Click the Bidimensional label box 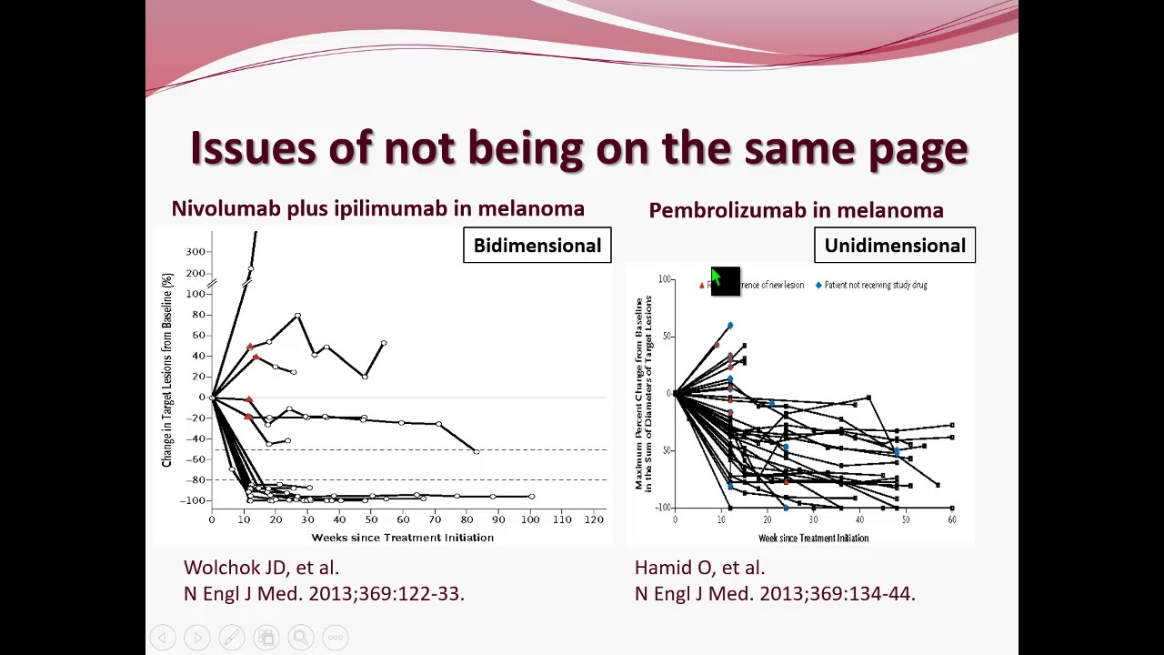tap(537, 246)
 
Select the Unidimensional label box tap(895, 246)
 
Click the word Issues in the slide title tap(252, 148)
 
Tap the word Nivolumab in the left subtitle tap(226, 208)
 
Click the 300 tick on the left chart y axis tap(195, 251)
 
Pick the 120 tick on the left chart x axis tap(594, 519)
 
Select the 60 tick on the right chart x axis tap(952, 519)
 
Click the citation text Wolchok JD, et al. tap(261, 568)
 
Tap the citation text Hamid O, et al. tap(699, 568)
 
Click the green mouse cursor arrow tap(716, 277)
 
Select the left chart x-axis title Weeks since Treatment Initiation tap(402, 538)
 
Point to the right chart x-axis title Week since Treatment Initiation tap(813, 539)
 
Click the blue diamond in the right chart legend tap(818, 285)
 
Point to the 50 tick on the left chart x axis tap(370, 519)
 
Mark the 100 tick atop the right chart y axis tap(665, 279)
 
